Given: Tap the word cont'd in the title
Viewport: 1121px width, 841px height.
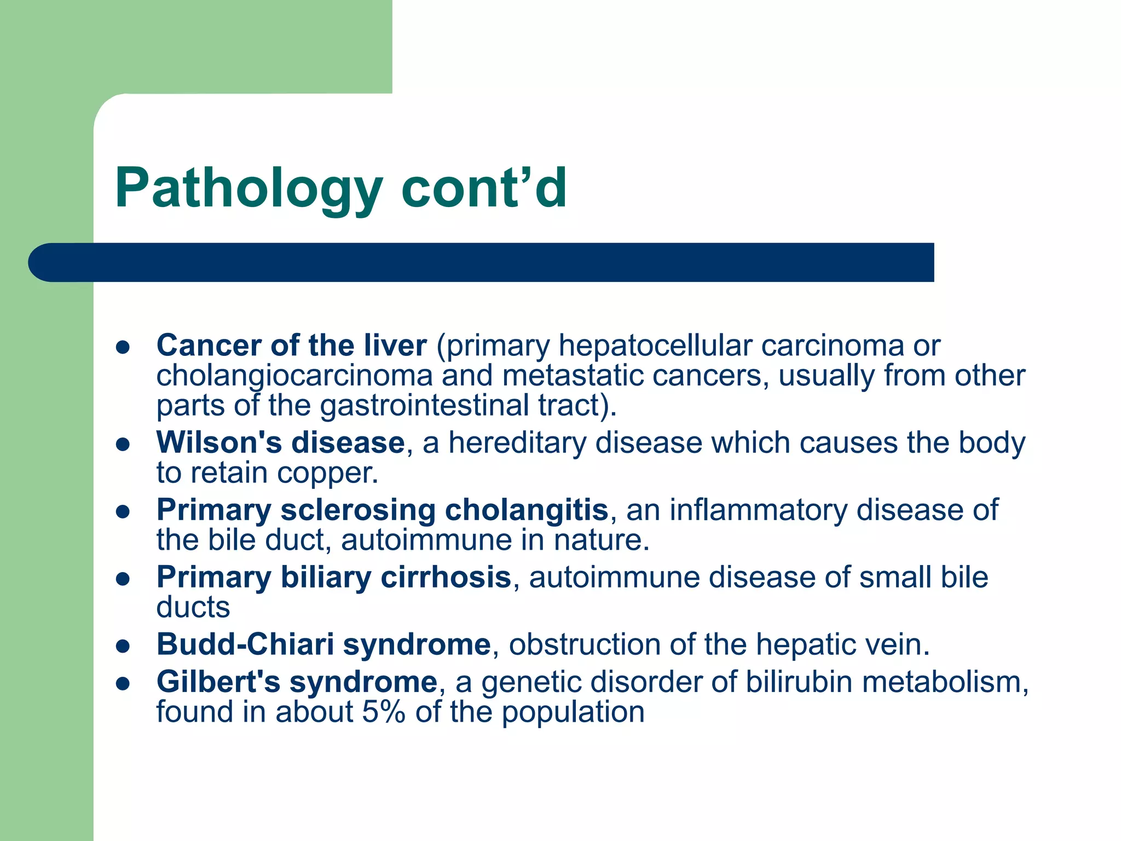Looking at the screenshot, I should [484, 189].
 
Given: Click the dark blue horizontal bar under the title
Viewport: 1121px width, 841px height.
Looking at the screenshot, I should [482, 262].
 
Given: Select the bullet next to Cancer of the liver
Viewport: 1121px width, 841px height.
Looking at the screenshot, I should [123, 347].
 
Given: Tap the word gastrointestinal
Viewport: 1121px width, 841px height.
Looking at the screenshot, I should [425, 406].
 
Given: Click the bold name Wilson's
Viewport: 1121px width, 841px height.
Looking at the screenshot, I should [218, 442].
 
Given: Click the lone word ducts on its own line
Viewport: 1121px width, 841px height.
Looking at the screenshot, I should [193, 607].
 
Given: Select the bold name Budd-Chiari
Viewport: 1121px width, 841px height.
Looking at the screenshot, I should [245, 644].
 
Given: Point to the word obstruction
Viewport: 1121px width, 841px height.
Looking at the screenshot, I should [584, 644].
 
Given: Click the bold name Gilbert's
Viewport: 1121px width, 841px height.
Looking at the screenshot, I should [218, 682].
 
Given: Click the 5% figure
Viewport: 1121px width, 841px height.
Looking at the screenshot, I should [383, 712].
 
